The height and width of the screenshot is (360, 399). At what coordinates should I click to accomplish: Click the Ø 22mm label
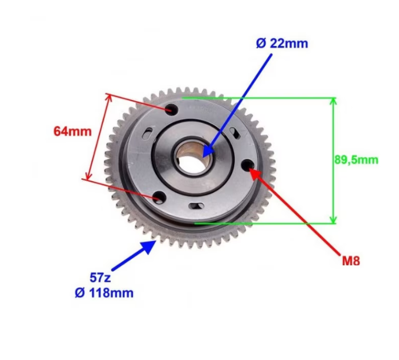point(282,44)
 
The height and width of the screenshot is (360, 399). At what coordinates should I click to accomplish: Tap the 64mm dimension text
point(72,132)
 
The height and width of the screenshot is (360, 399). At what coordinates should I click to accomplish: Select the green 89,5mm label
point(356,160)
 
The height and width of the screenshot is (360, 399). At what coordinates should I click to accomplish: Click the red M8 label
point(351,261)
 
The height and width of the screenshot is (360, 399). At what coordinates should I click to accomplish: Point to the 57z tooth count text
point(100,277)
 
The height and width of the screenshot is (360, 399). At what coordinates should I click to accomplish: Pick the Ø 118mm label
point(104,293)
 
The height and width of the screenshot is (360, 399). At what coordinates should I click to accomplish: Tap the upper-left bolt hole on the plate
point(171,109)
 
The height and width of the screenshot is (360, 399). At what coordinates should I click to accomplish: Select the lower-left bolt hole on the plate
point(159,197)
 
